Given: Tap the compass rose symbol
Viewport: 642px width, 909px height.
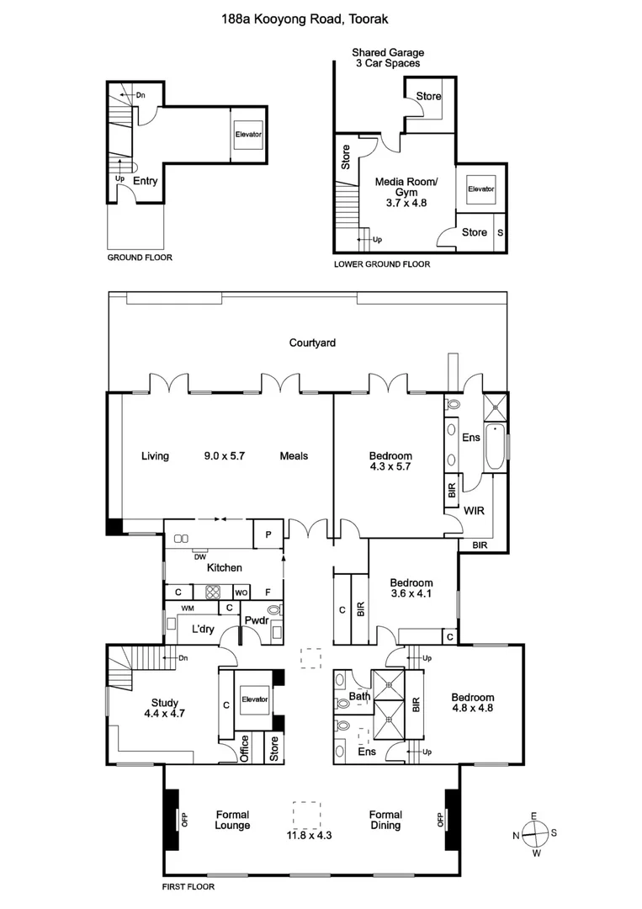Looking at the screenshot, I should (x=533, y=834).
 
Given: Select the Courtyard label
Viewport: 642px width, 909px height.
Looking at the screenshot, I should (x=312, y=343).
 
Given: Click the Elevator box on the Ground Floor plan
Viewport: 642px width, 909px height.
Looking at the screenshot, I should (x=248, y=135).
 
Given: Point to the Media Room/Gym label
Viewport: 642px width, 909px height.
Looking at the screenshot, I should (x=406, y=187).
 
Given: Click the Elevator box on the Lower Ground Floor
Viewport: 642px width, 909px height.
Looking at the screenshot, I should (x=481, y=189).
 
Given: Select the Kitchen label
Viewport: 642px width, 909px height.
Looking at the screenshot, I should (x=224, y=568).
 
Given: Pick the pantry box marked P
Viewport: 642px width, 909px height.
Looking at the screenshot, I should (x=268, y=534).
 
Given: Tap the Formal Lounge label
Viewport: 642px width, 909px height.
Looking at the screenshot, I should (x=232, y=820).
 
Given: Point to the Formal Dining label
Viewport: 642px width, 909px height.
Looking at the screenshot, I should (x=385, y=820).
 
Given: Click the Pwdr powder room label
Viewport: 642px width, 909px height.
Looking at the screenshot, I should (x=256, y=621).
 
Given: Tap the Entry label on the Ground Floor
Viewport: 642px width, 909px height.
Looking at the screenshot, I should (x=145, y=180).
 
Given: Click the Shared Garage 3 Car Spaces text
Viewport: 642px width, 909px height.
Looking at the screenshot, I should (x=387, y=57).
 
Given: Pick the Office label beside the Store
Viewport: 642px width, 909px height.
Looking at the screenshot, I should (x=245, y=749).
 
